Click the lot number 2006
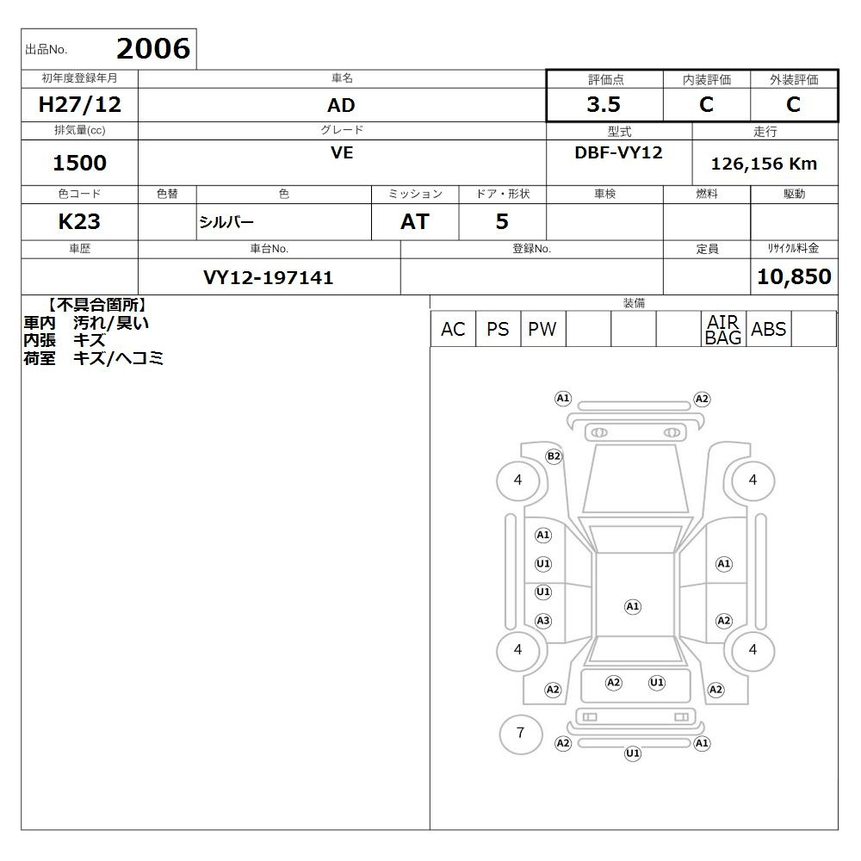[153, 48]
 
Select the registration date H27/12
[79, 104]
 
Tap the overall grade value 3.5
[604, 104]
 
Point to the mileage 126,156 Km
[764, 164]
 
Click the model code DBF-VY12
[618, 152]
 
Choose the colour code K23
[79, 221]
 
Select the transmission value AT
[415, 221]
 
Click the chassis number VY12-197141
[268, 277]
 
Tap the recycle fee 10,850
[794, 276]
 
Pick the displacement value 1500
[79, 163]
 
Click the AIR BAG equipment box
[723, 329]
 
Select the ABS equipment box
[768, 329]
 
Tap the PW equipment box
[542, 329]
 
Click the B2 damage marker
[554, 456]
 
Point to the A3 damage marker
[543, 621]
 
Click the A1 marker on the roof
[633, 607]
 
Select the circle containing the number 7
[521, 734]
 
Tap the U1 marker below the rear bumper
[633, 753]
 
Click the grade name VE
[342, 152]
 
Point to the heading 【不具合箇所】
[96, 305]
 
